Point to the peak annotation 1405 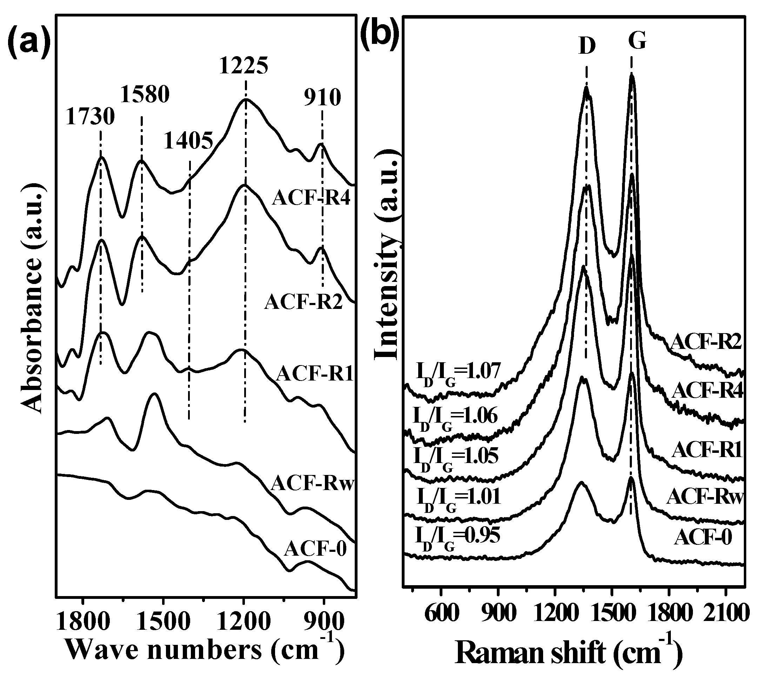click(189, 140)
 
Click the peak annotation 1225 click(244, 65)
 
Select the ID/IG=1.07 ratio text click(458, 372)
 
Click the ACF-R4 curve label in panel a click(312, 198)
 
